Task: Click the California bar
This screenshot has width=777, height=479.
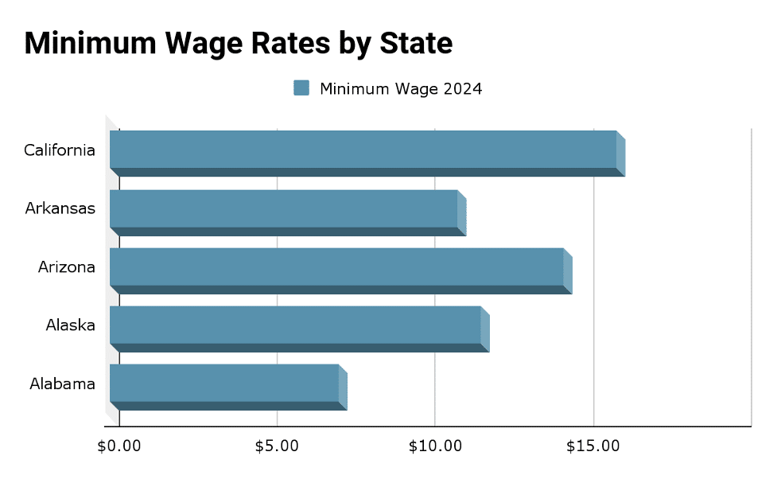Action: click(363, 150)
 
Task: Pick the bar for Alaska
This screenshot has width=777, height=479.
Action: click(295, 325)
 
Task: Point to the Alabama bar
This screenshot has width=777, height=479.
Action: click(224, 384)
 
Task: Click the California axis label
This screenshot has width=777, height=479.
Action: click(60, 150)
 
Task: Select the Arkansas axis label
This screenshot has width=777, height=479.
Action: click(60, 208)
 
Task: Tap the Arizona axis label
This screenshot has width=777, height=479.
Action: click(67, 267)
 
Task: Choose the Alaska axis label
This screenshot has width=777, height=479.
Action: click(70, 325)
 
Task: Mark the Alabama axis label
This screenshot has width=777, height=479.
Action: click(63, 384)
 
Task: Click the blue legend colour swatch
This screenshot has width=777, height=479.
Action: click(301, 88)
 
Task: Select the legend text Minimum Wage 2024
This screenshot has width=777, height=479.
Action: click(401, 88)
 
